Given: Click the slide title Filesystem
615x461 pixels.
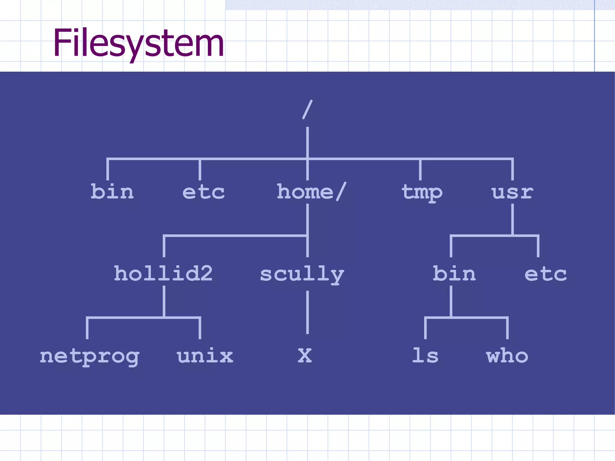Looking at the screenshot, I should click(138, 43).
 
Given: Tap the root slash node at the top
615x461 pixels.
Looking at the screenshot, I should click(307, 110).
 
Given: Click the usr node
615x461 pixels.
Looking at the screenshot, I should click(512, 192).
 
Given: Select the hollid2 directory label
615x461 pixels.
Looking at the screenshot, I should click(163, 273).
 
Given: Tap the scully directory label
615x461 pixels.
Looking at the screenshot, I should click(302, 274).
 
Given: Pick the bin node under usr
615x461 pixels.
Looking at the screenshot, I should click(454, 273).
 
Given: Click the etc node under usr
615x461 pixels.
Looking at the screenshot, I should click(546, 274).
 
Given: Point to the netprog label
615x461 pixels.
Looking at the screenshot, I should click(89, 356).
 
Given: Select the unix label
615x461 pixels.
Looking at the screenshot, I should click(205, 356).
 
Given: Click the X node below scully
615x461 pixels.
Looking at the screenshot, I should click(305, 356).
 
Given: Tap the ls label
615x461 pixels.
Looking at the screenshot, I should click(425, 356).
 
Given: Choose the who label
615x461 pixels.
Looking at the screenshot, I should click(507, 356).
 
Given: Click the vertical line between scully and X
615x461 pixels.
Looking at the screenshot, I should click(307, 312).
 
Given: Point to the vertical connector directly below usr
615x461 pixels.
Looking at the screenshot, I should click(512, 219).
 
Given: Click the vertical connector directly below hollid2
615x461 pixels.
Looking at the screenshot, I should click(164, 301).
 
